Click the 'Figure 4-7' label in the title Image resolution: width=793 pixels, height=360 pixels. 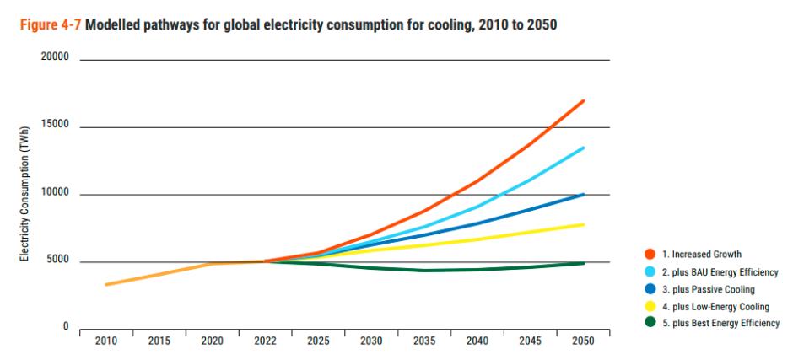coord(48,24)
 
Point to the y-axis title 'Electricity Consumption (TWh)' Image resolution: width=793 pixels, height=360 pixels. coord(26,195)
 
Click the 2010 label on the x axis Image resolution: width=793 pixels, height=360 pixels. coord(106,341)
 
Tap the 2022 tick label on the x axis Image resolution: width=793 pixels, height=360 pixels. coord(264,341)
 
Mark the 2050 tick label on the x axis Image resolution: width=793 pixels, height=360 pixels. coord(583,341)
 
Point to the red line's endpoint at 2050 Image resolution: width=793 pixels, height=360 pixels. coord(584,101)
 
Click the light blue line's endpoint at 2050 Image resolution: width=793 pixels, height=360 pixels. coord(584,148)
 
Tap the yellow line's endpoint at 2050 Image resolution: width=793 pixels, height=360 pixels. coord(584,224)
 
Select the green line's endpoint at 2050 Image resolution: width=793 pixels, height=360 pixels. coord(584,263)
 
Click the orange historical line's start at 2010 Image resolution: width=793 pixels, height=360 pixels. coord(106,284)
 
